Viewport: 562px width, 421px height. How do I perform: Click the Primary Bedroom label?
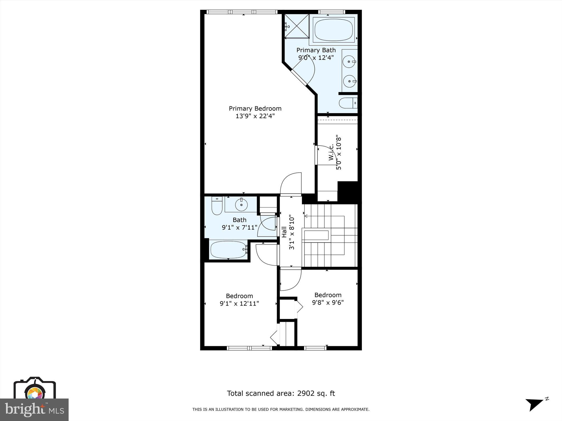255,109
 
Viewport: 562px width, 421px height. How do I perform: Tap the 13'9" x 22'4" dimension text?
255,116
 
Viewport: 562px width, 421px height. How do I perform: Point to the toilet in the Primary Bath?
348,103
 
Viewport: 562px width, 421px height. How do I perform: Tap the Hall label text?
284,232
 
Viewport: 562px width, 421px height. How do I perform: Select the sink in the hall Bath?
241,204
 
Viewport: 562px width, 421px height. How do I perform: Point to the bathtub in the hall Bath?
229,249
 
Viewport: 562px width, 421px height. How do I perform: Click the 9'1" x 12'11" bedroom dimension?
239,304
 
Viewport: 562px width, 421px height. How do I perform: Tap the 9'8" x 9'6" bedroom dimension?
328,303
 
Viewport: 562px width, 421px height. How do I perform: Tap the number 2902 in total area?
306,394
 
